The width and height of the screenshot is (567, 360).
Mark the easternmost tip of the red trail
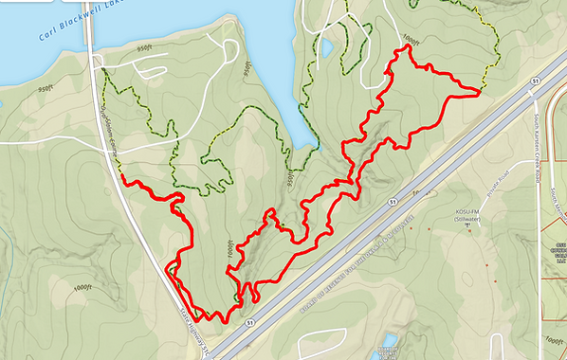[x=479, y=92]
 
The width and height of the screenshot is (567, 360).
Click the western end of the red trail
[x=124, y=179]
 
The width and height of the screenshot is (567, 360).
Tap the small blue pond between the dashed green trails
[x=326, y=46]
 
